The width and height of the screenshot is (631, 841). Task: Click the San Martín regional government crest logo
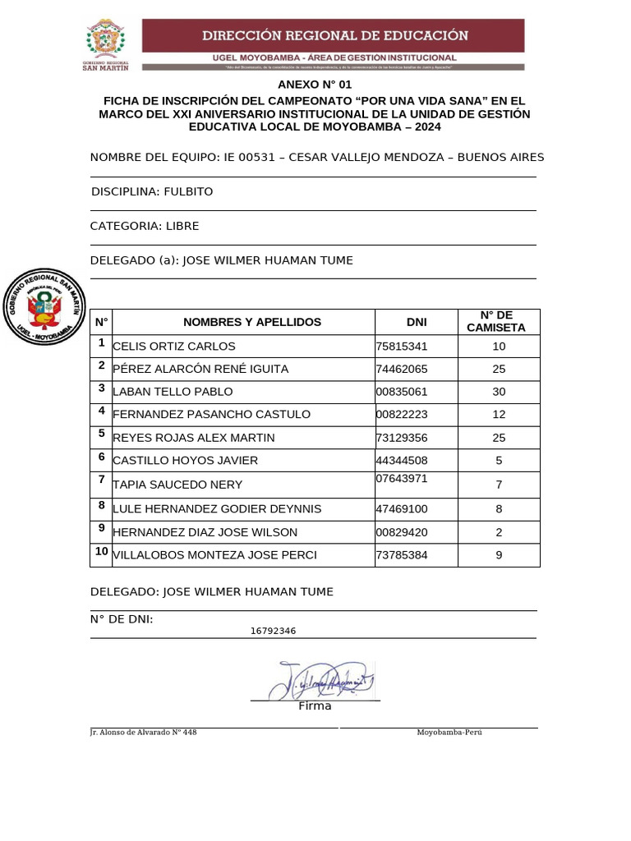click(105, 45)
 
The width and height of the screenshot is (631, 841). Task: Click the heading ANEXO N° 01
click(314, 85)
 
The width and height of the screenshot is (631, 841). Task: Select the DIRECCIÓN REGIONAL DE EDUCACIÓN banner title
click(335, 35)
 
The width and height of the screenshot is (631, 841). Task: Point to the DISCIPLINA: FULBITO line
click(152, 191)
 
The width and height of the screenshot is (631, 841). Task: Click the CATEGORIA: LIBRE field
click(145, 226)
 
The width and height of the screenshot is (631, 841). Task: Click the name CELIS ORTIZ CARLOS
click(174, 347)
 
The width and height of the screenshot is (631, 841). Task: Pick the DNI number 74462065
click(402, 370)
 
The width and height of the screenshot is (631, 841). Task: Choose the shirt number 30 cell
click(499, 392)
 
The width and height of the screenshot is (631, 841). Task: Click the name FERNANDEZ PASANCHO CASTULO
click(211, 415)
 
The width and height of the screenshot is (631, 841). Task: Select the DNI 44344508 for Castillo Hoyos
click(402, 461)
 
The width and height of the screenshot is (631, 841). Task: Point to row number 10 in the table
click(102, 551)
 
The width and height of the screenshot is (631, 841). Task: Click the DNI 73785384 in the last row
click(402, 555)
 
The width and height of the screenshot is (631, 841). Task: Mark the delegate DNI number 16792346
click(273, 631)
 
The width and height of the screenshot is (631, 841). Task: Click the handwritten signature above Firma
click(320, 678)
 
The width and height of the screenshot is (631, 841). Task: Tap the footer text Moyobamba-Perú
click(449, 732)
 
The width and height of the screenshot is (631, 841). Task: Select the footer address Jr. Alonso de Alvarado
click(144, 732)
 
